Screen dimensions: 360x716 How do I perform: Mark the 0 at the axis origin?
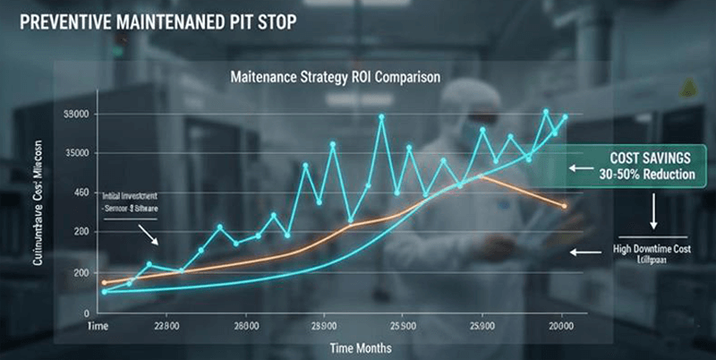point(87,313)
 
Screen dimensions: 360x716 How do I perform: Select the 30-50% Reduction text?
point(637,174)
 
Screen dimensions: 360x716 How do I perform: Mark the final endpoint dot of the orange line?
point(564,206)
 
